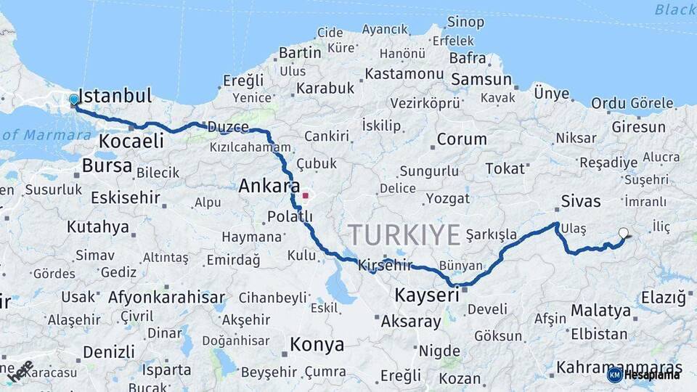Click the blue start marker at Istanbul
(74, 100)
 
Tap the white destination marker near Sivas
(623, 233)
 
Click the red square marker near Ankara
(306, 195)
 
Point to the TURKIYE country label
(404, 235)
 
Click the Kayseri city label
(427, 295)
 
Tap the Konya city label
(317, 345)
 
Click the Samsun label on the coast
(480, 79)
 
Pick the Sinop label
(465, 23)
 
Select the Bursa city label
(107, 166)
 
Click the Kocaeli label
(131, 141)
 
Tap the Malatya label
(600, 311)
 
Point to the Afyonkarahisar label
(166, 297)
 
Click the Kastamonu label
(404, 73)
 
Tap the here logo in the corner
(21, 370)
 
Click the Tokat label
(505, 168)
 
